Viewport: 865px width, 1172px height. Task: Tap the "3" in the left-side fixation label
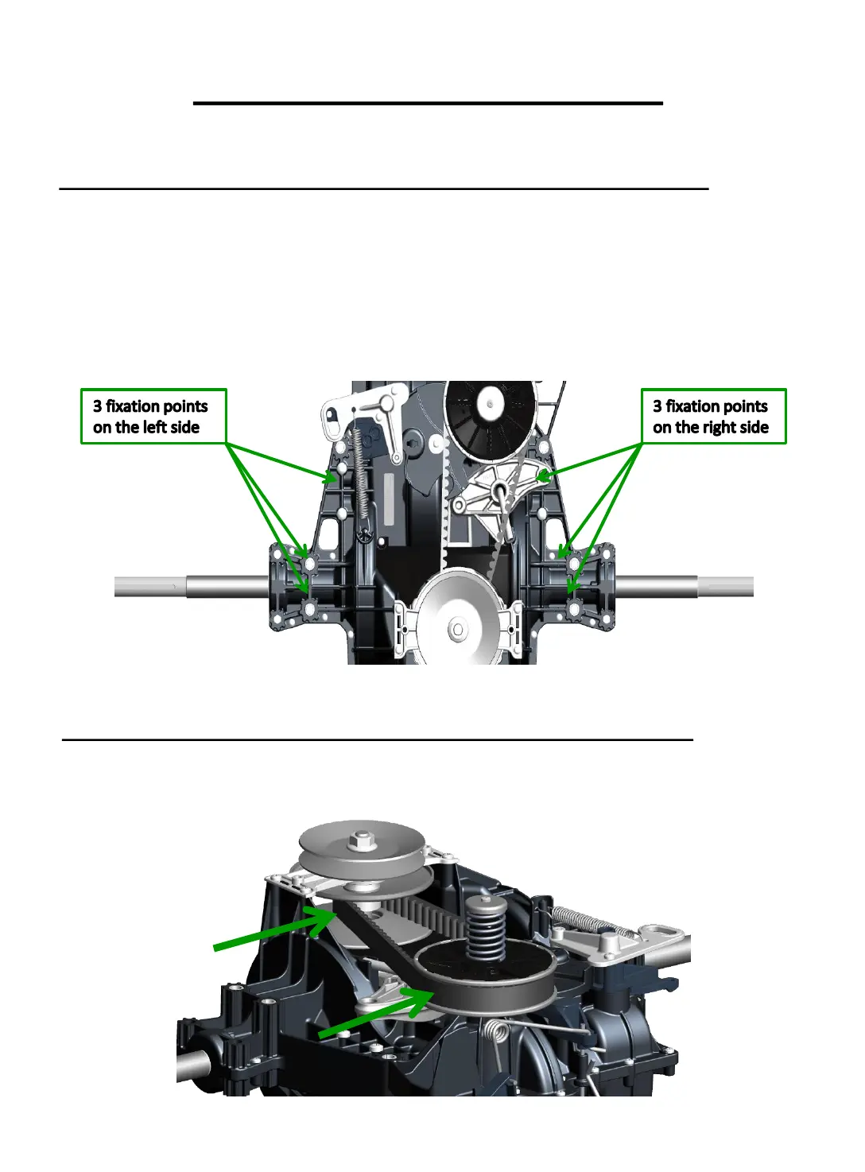(x=98, y=406)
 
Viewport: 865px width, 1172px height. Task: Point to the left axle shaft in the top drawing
(x=191, y=587)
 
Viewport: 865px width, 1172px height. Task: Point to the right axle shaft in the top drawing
(x=684, y=587)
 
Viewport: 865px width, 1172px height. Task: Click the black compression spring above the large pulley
(x=486, y=926)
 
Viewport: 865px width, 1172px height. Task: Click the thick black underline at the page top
(x=428, y=103)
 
